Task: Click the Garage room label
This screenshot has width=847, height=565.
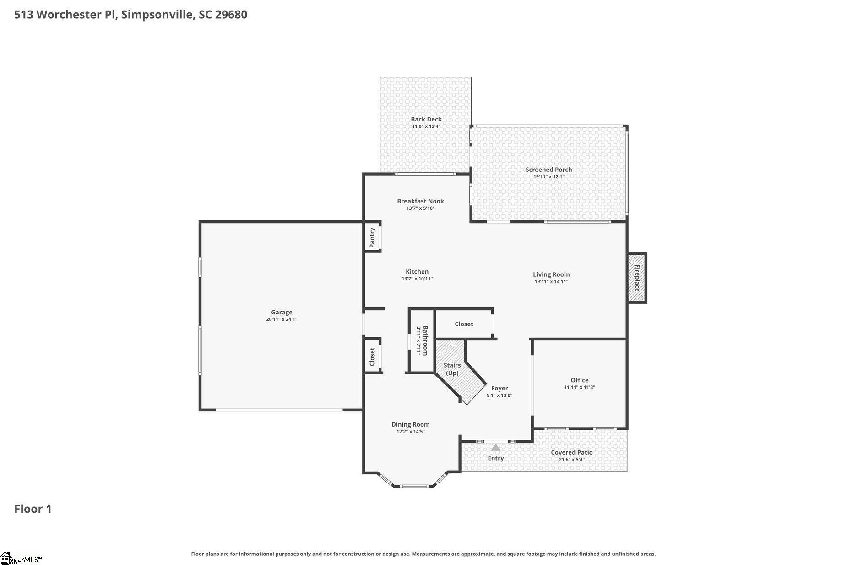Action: pyautogui.click(x=282, y=313)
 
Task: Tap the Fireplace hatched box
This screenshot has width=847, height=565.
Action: pyautogui.click(x=636, y=278)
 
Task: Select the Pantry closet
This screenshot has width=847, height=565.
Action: pyautogui.click(x=373, y=237)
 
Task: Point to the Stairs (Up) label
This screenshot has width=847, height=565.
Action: pyautogui.click(x=452, y=369)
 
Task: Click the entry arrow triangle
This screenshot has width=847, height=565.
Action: pyautogui.click(x=495, y=447)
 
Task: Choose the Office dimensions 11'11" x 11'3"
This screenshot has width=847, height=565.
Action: pyautogui.click(x=579, y=387)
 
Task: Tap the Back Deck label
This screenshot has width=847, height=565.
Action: pyautogui.click(x=426, y=119)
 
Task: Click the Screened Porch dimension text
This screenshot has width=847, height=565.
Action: pyautogui.click(x=548, y=176)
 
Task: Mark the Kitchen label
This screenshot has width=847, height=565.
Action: pyautogui.click(x=417, y=272)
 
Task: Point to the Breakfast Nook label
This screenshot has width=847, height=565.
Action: pyautogui.click(x=420, y=201)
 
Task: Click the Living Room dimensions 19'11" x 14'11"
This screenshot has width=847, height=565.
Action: pyautogui.click(x=551, y=282)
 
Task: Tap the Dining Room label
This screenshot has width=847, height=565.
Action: pyautogui.click(x=410, y=424)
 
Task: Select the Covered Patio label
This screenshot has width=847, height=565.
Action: pyautogui.click(x=571, y=452)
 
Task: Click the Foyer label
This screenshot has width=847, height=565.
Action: pyautogui.click(x=500, y=388)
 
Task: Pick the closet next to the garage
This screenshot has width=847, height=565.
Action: pyautogui.click(x=373, y=356)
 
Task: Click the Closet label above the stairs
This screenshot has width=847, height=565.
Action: pyautogui.click(x=464, y=324)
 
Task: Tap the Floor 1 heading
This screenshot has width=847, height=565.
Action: pyautogui.click(x=33, y=509)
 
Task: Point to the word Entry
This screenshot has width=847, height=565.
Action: pyautogui.click(x=496, y=458)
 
